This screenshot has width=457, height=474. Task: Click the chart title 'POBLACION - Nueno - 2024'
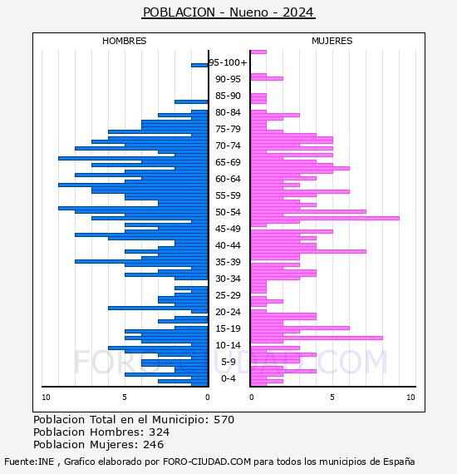(228, 12)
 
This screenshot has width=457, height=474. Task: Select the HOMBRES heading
(124, 41)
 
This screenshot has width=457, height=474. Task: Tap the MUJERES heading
(332, 41)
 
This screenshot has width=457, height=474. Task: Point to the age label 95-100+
(228, 62)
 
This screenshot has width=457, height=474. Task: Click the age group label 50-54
(228, 212)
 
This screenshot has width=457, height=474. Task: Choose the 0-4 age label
(228, 378)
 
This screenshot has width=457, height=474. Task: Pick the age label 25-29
(228, 295)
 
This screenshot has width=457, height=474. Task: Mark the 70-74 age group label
(228, 146)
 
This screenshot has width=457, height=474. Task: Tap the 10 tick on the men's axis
(46, 397)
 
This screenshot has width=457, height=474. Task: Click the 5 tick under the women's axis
(332, 397)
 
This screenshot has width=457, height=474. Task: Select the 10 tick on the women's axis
(410, 397)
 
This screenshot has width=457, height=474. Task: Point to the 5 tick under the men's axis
(125, 397)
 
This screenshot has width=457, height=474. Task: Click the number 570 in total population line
(224, 420)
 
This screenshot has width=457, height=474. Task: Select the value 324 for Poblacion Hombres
(160, 432)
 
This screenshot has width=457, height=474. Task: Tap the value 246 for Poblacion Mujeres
(154, 445)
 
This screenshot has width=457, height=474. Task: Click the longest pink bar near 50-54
(325, 218)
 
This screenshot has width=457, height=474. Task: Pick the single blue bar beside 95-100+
(199, 66)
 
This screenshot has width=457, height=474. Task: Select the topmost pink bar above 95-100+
(258, 52)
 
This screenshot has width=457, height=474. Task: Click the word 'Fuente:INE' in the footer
(29, 462)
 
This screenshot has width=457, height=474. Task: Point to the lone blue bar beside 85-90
(191, 102)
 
